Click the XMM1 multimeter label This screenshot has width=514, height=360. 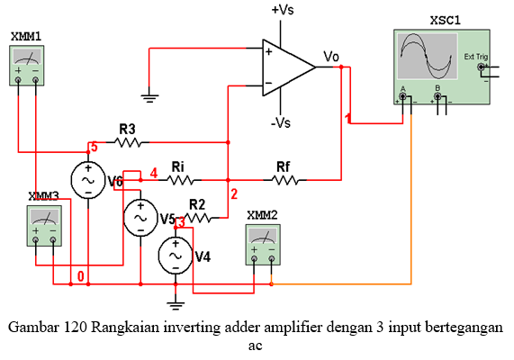click(26, 35)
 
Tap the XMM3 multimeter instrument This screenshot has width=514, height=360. click(43, 223)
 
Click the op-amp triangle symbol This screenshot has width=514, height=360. click(286, 66)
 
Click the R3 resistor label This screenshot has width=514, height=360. click(128, 128)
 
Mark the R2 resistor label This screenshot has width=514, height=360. click(197, 202)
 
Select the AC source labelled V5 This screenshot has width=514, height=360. click(140, 217)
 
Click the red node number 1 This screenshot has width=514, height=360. click(348, 118)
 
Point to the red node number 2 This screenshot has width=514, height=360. click(234, 193)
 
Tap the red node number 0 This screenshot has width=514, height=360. click(81, 276)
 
